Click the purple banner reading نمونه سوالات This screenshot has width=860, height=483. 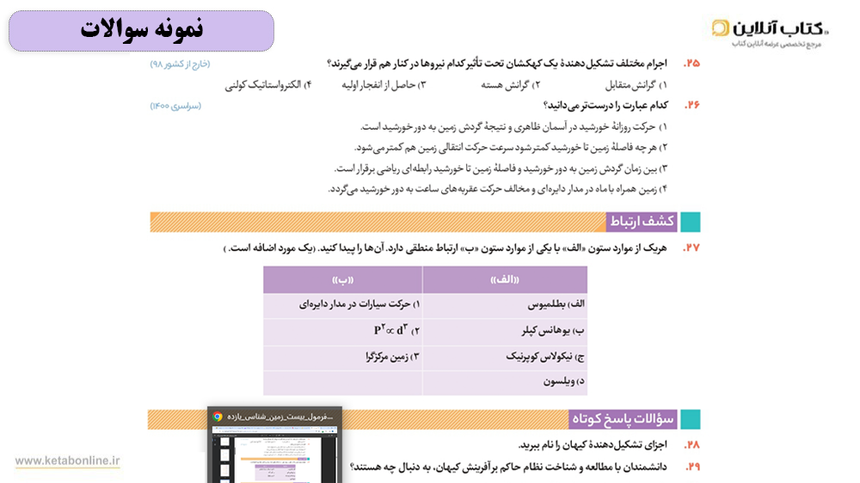click(x=142, y=30)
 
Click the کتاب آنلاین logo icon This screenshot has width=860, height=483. click(x=721, y=28)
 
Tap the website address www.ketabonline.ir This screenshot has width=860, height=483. click(x=67, y=461)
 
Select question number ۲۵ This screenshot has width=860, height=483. click(x=691, y=64)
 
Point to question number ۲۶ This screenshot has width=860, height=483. click(x=691, y=105)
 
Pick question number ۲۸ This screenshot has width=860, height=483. click(x=691, y=444)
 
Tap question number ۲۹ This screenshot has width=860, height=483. click(x=691, y=466)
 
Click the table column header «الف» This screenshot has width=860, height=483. click(x=505, y=280)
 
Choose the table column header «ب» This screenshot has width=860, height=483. click(x=343, y=280)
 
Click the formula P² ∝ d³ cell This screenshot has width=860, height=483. click(x=396, y=331)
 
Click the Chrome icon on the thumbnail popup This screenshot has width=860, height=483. click(x=218, y=417)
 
